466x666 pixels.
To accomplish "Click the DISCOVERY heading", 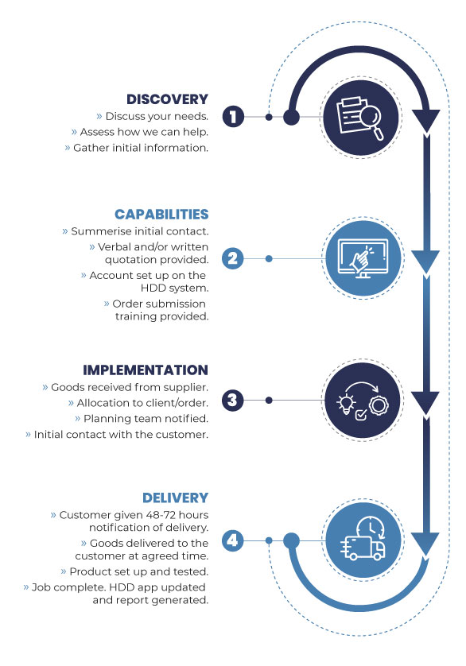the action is pyautogui.click(x=167, y=99).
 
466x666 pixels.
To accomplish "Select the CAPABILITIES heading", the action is pyautogui.click(x=161, y=215).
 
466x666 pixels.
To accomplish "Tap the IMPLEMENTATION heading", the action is pyautogui.click(x=146, y=370).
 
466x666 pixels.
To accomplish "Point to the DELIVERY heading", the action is pyautogui.click(x=175, y=498).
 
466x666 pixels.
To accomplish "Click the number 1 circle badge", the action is pyautogui.click(x=234, y=117).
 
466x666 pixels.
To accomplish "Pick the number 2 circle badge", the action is pyautogui.click(x=233, y=258).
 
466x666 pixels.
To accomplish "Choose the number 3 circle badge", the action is pyautogui.click(x=232, y=400).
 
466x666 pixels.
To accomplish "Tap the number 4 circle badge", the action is pyautogui.click(x=232, y=540).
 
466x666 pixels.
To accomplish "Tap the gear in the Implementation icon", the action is pyautogui.click(x=378, y=405).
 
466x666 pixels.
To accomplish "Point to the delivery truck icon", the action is pyautogui.click(x=363, y=548).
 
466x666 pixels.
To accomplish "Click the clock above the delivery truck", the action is pyautogui.click(x=371, y=528).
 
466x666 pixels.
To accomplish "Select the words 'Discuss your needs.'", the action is pyautogui.click(x=157, y=116).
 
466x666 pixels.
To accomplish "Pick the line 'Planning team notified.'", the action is pyautogui.click(x=146, y=419).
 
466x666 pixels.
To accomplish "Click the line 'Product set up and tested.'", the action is pyautogui.click(x=139, y=571).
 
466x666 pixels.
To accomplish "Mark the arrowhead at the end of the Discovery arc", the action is pyautogui.click(x=426, y=121).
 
